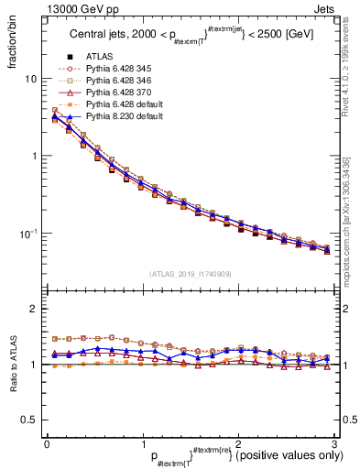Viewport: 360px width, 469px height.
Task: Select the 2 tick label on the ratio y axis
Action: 36,309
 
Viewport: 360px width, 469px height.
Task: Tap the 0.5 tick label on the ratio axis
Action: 32,420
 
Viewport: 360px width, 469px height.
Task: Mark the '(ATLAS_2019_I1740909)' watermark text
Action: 189,274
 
